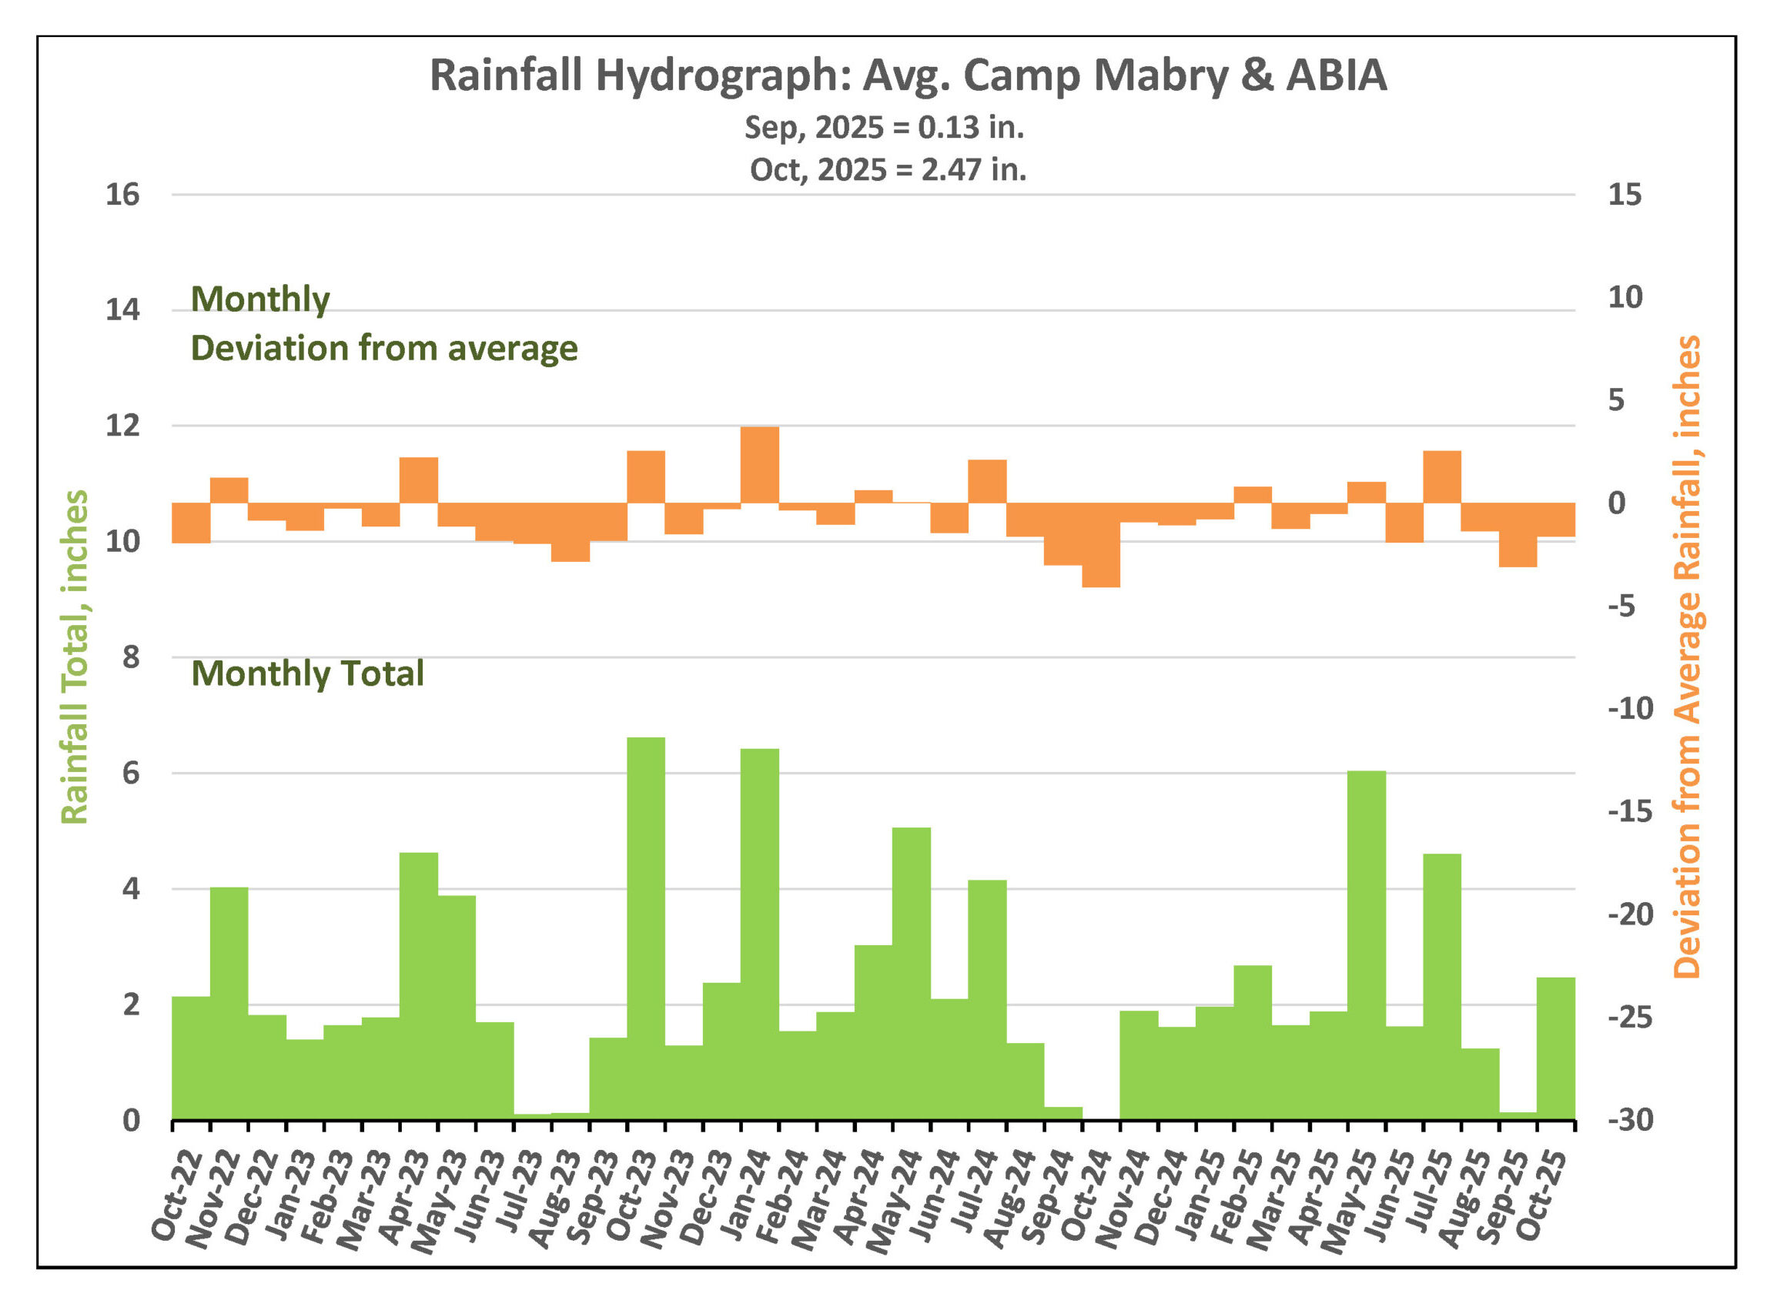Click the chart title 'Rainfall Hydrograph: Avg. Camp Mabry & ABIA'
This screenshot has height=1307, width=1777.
[x=908, y=75]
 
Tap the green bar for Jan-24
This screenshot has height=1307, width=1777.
[x=760, y=934]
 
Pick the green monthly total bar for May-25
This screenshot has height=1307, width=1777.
[x=1367, y=944]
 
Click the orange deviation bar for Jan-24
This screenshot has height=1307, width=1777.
[x=760, y=464]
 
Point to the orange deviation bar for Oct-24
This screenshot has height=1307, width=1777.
[x=1100, y=545]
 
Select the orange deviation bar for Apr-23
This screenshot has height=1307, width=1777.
[x=419, y=480]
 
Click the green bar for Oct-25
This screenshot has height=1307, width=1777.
[x=1555, y=1048]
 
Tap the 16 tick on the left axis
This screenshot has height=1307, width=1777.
[x=122, y=195]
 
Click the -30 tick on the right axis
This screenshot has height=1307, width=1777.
[x=1630, y=1120]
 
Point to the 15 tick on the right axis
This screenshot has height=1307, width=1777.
[x=1625, y=195]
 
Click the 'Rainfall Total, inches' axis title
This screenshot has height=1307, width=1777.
[x=75, y=657]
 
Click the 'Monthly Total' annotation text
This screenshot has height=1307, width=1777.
[x=308, y=674]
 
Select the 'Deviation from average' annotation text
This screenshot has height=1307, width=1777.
[x=384, y=348]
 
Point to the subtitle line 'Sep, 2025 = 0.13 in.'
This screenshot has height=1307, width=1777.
[x=884, y=127]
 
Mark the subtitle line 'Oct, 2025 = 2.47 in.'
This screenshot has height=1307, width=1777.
[x=888, y=170]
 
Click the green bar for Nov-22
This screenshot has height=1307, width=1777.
[x=229, y=1003]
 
